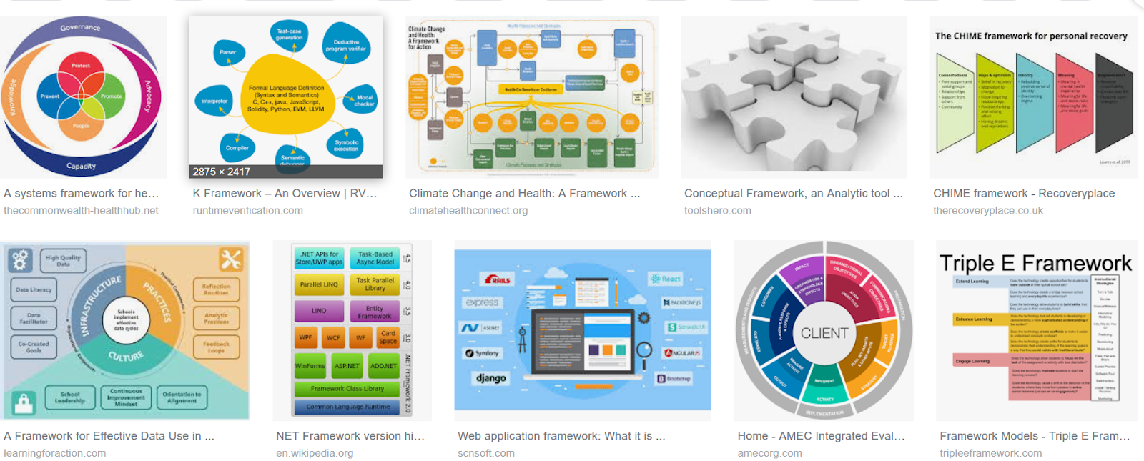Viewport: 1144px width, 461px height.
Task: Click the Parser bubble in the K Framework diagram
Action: pyautogui.click(x=228, y=52)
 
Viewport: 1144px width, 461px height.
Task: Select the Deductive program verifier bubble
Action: pyautogui.click(x=346, y=45)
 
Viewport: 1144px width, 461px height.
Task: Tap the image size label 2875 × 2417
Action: pyautogui.click(x=222, y=172)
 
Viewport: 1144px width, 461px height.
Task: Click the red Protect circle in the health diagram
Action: pyautogui.click(x=81, y=66)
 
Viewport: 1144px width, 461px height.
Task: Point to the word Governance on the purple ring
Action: pyautogui.click(x=80, y=28)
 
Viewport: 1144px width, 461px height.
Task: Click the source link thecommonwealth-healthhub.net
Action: pyautogui.click(x=81, y=210)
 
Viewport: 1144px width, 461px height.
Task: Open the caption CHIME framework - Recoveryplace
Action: pyautogui.click(x=1023, y=193)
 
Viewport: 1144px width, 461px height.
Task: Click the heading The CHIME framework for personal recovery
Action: pyautogui.click(x=1031, y=36)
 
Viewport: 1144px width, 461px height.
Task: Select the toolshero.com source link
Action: pyautogui.click(x=717, y=210)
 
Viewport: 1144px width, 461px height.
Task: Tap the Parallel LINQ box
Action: pyautogui.click(x=319, y=284)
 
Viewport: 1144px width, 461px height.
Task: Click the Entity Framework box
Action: pyautogui.click(x=375, y=312)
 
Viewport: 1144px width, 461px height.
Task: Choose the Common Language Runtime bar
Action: pyautogui.click(x=348, y=407)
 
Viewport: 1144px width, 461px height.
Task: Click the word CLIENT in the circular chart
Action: pyautogui.click(x=824, y=333)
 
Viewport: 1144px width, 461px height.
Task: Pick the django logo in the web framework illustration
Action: pyautogui.click(x=491, y=377)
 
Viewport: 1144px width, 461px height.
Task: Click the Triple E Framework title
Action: pyautogui.click(x=1035, y=263)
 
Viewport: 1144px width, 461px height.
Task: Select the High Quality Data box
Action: pyautogui.click(x=63, y=261)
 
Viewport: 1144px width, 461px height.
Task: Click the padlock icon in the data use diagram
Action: pyautogui.click(x=24, y=404)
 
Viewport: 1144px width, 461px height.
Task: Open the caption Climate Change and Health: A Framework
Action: pyautogui.click(x=524, y=193)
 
